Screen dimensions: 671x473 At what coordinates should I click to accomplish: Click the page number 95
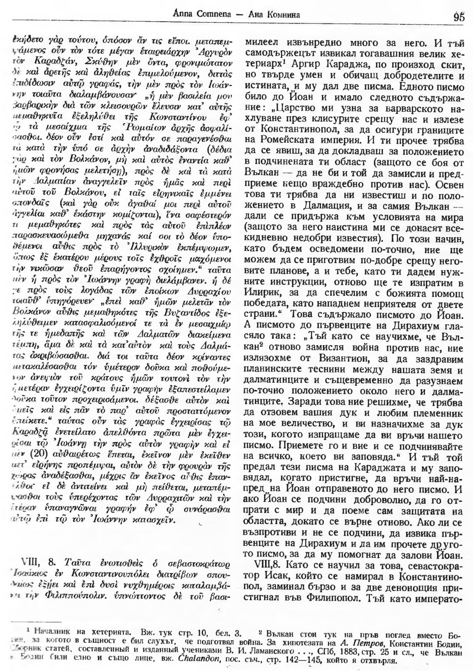(x=459, y=17)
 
